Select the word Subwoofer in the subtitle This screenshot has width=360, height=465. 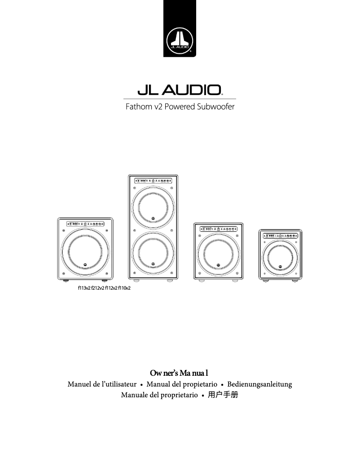coord(217,107)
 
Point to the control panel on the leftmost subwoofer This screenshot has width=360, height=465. coord(85,223)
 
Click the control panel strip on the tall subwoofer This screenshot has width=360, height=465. coord(153,181)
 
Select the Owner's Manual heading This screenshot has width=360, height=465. coord(180,373)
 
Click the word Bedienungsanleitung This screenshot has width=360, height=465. coord(260,385)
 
